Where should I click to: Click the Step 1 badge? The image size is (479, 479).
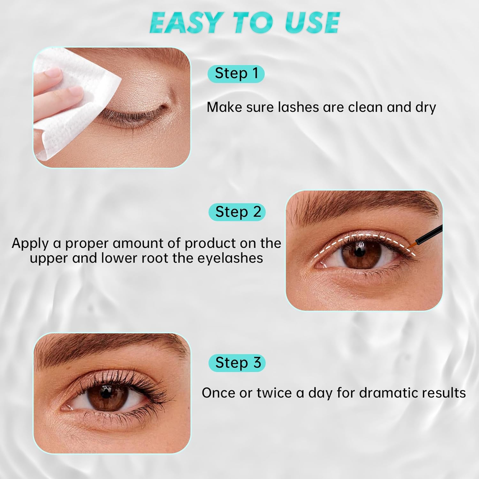(x=236, y=73)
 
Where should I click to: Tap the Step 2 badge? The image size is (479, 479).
(x=237, y=212)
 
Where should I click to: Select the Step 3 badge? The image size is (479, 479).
(x=237, y=363)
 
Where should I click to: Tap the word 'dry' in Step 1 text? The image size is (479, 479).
(x=426, y=108)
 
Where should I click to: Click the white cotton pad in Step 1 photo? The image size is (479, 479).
(x=75, y=105)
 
